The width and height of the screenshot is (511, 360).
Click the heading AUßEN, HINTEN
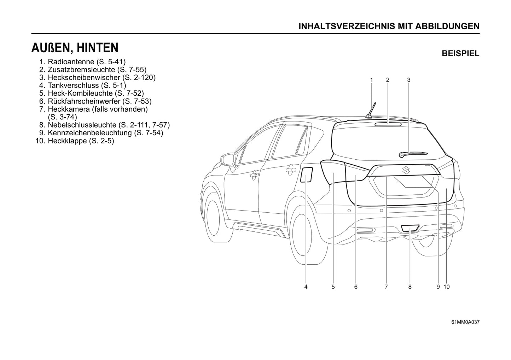point(75,48)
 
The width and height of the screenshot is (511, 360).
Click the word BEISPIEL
point(460,54)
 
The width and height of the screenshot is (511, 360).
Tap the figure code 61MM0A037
point(465,322)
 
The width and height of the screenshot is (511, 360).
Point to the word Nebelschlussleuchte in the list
point(82,125)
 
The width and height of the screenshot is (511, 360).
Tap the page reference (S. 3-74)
point(63,117)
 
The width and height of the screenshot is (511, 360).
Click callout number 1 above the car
point(371,80)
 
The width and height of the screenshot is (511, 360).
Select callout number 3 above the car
point(408,80)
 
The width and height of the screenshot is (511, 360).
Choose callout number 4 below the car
point(306,287)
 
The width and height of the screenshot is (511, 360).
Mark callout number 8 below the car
point(410,287)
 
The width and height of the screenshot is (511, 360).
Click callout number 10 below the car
point(446,287)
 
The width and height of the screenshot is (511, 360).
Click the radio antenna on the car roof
point(371,111)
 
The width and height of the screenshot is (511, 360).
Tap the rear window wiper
point(413,154)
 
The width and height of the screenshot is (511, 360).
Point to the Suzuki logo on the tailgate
point(406,170)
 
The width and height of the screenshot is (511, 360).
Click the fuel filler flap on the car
point(306,175)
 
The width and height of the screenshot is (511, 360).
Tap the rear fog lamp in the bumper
point(410,228)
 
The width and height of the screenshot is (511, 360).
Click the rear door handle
point(291,170)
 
